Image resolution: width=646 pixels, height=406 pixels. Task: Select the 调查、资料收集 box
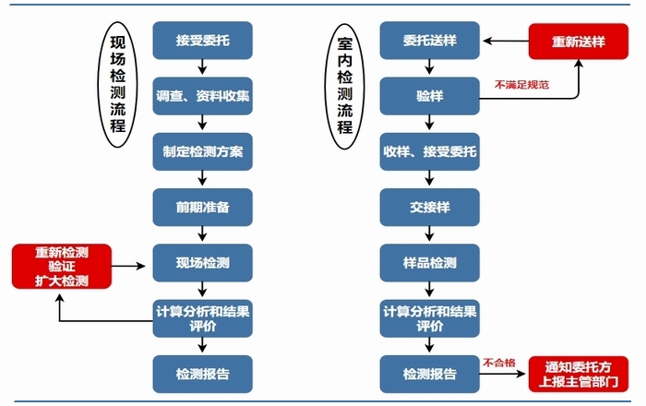203,95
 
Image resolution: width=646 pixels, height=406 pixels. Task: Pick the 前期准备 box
203,207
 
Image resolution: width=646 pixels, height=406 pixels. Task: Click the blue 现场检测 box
203,263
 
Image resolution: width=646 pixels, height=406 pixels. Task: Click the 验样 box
430,95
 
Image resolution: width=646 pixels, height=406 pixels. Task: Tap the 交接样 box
430,207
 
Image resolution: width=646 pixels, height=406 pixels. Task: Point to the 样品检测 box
430,263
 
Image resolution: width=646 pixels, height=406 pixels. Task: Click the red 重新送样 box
580,41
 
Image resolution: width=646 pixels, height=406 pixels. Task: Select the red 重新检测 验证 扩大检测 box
62,266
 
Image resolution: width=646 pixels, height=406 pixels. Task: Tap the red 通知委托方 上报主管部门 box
580,373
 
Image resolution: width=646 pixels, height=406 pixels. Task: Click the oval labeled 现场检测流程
117,84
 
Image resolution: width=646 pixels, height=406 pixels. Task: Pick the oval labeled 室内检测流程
344,84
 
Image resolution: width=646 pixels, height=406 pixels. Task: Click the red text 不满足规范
521,85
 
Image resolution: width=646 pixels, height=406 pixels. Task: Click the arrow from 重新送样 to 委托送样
505,41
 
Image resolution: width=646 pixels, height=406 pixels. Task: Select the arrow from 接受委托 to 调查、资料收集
203,67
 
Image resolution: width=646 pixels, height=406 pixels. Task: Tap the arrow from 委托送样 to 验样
430,67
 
